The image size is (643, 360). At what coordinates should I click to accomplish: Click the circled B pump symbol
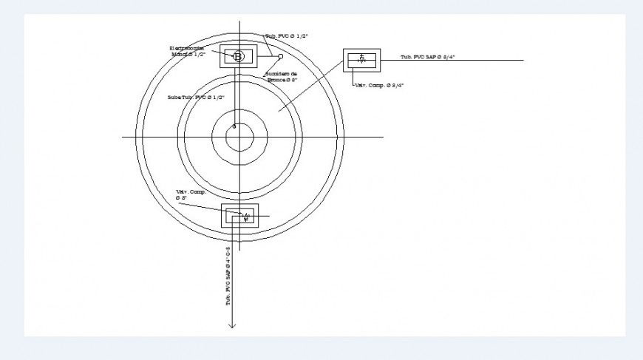click(238, 56)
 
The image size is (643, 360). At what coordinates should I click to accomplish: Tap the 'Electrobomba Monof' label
click(188, 51)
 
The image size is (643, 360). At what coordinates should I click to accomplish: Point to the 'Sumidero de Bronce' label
click(281, 77)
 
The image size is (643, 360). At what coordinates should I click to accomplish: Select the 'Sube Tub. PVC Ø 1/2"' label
click(195, 98)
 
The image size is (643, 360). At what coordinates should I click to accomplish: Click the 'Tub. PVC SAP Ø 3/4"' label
click(427, 57)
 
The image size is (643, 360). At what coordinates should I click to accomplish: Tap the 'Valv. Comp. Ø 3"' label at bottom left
click(190, 195)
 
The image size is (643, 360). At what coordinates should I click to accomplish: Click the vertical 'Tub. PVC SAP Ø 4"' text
click(228, 276)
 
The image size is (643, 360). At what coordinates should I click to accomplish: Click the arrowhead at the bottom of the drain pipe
click(232, 325)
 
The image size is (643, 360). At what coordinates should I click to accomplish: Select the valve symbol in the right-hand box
click(361, 59)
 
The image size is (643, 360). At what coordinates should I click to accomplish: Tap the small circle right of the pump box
click(280, 56)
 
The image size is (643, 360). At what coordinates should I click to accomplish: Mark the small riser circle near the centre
click(234, 126)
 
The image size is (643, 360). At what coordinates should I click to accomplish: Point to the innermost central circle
click(234, 137)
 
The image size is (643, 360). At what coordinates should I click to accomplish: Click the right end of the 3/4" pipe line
click(523, 60)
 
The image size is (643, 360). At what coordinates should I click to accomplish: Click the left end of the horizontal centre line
click(122, 137)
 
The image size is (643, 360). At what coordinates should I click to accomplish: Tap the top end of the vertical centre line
click(240, 21)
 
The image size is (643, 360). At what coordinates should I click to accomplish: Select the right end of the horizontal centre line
click(383, 137)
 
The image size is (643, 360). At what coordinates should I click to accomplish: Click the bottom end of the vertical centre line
click(240, 250)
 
